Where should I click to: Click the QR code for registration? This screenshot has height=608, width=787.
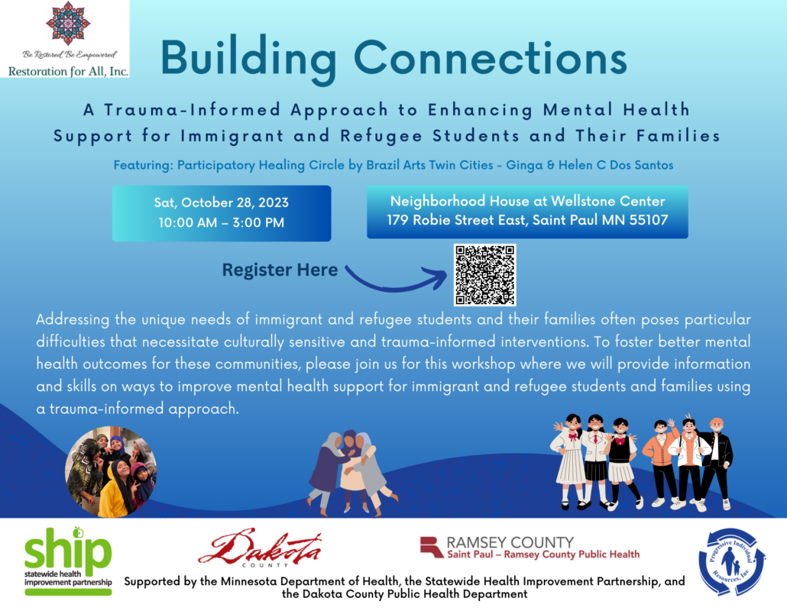tap(485, 275)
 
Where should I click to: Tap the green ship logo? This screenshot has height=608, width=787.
tap(68, 561)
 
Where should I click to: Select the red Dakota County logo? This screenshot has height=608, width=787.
tap(261, 548)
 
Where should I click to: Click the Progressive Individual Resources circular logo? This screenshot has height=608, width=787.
tap(732, 561)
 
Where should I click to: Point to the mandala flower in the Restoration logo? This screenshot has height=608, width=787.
tap(68, 23)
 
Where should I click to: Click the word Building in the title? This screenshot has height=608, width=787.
tap(249, 59)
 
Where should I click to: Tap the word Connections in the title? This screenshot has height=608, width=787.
tap(491, 58)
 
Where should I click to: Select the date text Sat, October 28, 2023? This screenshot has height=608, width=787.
tap(222, 202)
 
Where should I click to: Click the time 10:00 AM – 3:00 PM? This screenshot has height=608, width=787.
tap(222, 222)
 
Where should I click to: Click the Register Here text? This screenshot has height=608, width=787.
tap(280, 270)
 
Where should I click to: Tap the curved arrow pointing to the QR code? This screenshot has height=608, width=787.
tap(396, 280)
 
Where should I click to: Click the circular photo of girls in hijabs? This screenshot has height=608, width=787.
tap(111, 471)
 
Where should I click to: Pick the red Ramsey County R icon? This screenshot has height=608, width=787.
tap(431, 547)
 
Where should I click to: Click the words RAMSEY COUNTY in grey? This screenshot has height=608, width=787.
tap(510, 542)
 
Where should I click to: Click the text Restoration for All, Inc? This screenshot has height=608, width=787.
tap(68, 71)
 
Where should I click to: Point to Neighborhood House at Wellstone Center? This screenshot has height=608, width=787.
tap(527, 201)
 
